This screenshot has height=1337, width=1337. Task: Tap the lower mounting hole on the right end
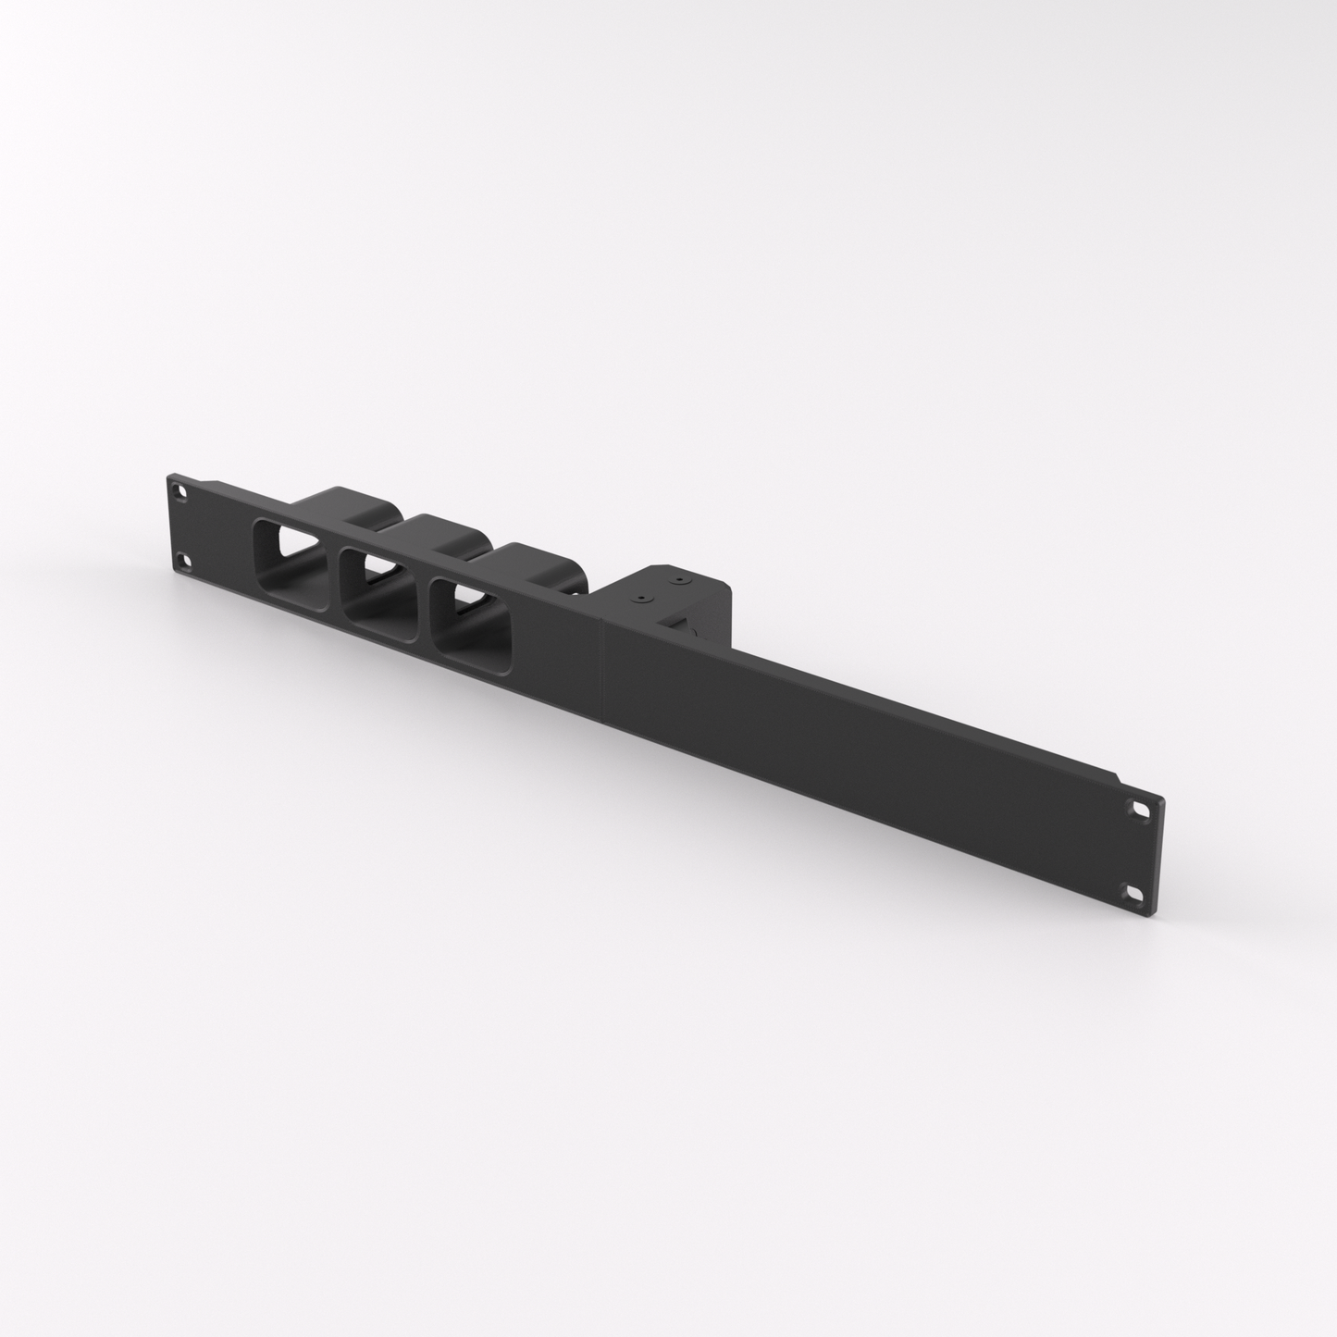click(1133, 894)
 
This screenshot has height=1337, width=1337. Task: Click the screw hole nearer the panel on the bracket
click(637, 600)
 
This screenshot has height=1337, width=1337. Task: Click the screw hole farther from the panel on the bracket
click(680, 582)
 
